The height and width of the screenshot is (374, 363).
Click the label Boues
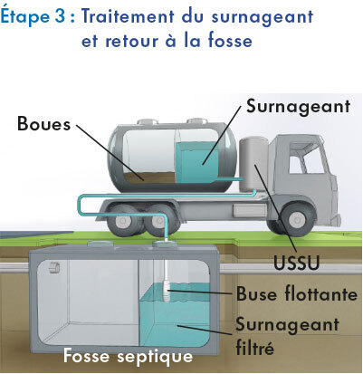[43, 124]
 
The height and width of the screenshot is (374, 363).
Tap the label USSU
[296, 263]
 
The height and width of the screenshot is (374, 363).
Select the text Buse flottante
[297, 293]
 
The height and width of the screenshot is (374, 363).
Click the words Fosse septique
[128, 356]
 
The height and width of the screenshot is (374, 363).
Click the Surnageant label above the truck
[298, 107]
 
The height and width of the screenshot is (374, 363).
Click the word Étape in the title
[25, 15]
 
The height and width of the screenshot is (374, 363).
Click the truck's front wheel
[295, 217]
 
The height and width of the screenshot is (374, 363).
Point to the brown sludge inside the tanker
[149, 177]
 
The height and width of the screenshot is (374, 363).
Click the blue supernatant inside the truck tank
[196, 163]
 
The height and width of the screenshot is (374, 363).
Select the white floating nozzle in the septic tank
[166, 291]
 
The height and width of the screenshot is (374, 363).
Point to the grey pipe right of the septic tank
[291, 269]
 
